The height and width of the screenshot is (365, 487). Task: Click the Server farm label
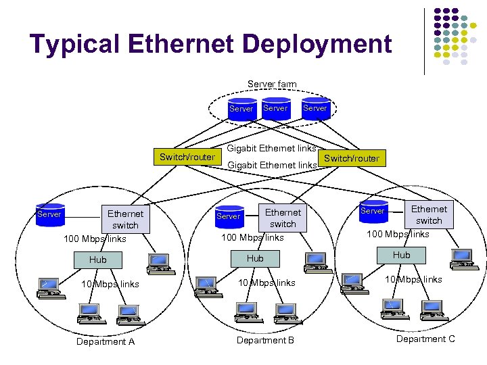point(272,84)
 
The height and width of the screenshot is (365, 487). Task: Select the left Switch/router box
point(187,157)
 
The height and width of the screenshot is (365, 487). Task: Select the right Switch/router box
point(352,159)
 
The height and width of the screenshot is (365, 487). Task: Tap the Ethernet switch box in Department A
point(125,220)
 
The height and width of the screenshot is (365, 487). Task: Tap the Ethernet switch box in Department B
point(283,218)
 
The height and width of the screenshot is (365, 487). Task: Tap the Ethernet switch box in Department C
point(429,215)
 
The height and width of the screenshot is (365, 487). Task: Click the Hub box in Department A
point(98,260)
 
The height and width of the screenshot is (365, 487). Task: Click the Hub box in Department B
point(255,258)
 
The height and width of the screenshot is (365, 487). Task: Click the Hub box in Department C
point(402,255)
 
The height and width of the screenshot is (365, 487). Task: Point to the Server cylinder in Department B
point(229,216)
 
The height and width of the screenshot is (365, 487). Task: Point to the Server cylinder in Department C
point(373,211)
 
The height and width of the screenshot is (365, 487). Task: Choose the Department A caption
point(106,342)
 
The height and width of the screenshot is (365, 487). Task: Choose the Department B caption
point(265,340)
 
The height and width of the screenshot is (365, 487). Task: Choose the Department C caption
point(425,339)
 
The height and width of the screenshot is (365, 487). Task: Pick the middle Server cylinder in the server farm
point(275,109)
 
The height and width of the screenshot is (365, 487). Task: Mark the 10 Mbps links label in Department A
point(110,284)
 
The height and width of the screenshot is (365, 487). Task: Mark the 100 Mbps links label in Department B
point(253,238)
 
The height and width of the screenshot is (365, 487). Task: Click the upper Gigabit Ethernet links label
point(271,148)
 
